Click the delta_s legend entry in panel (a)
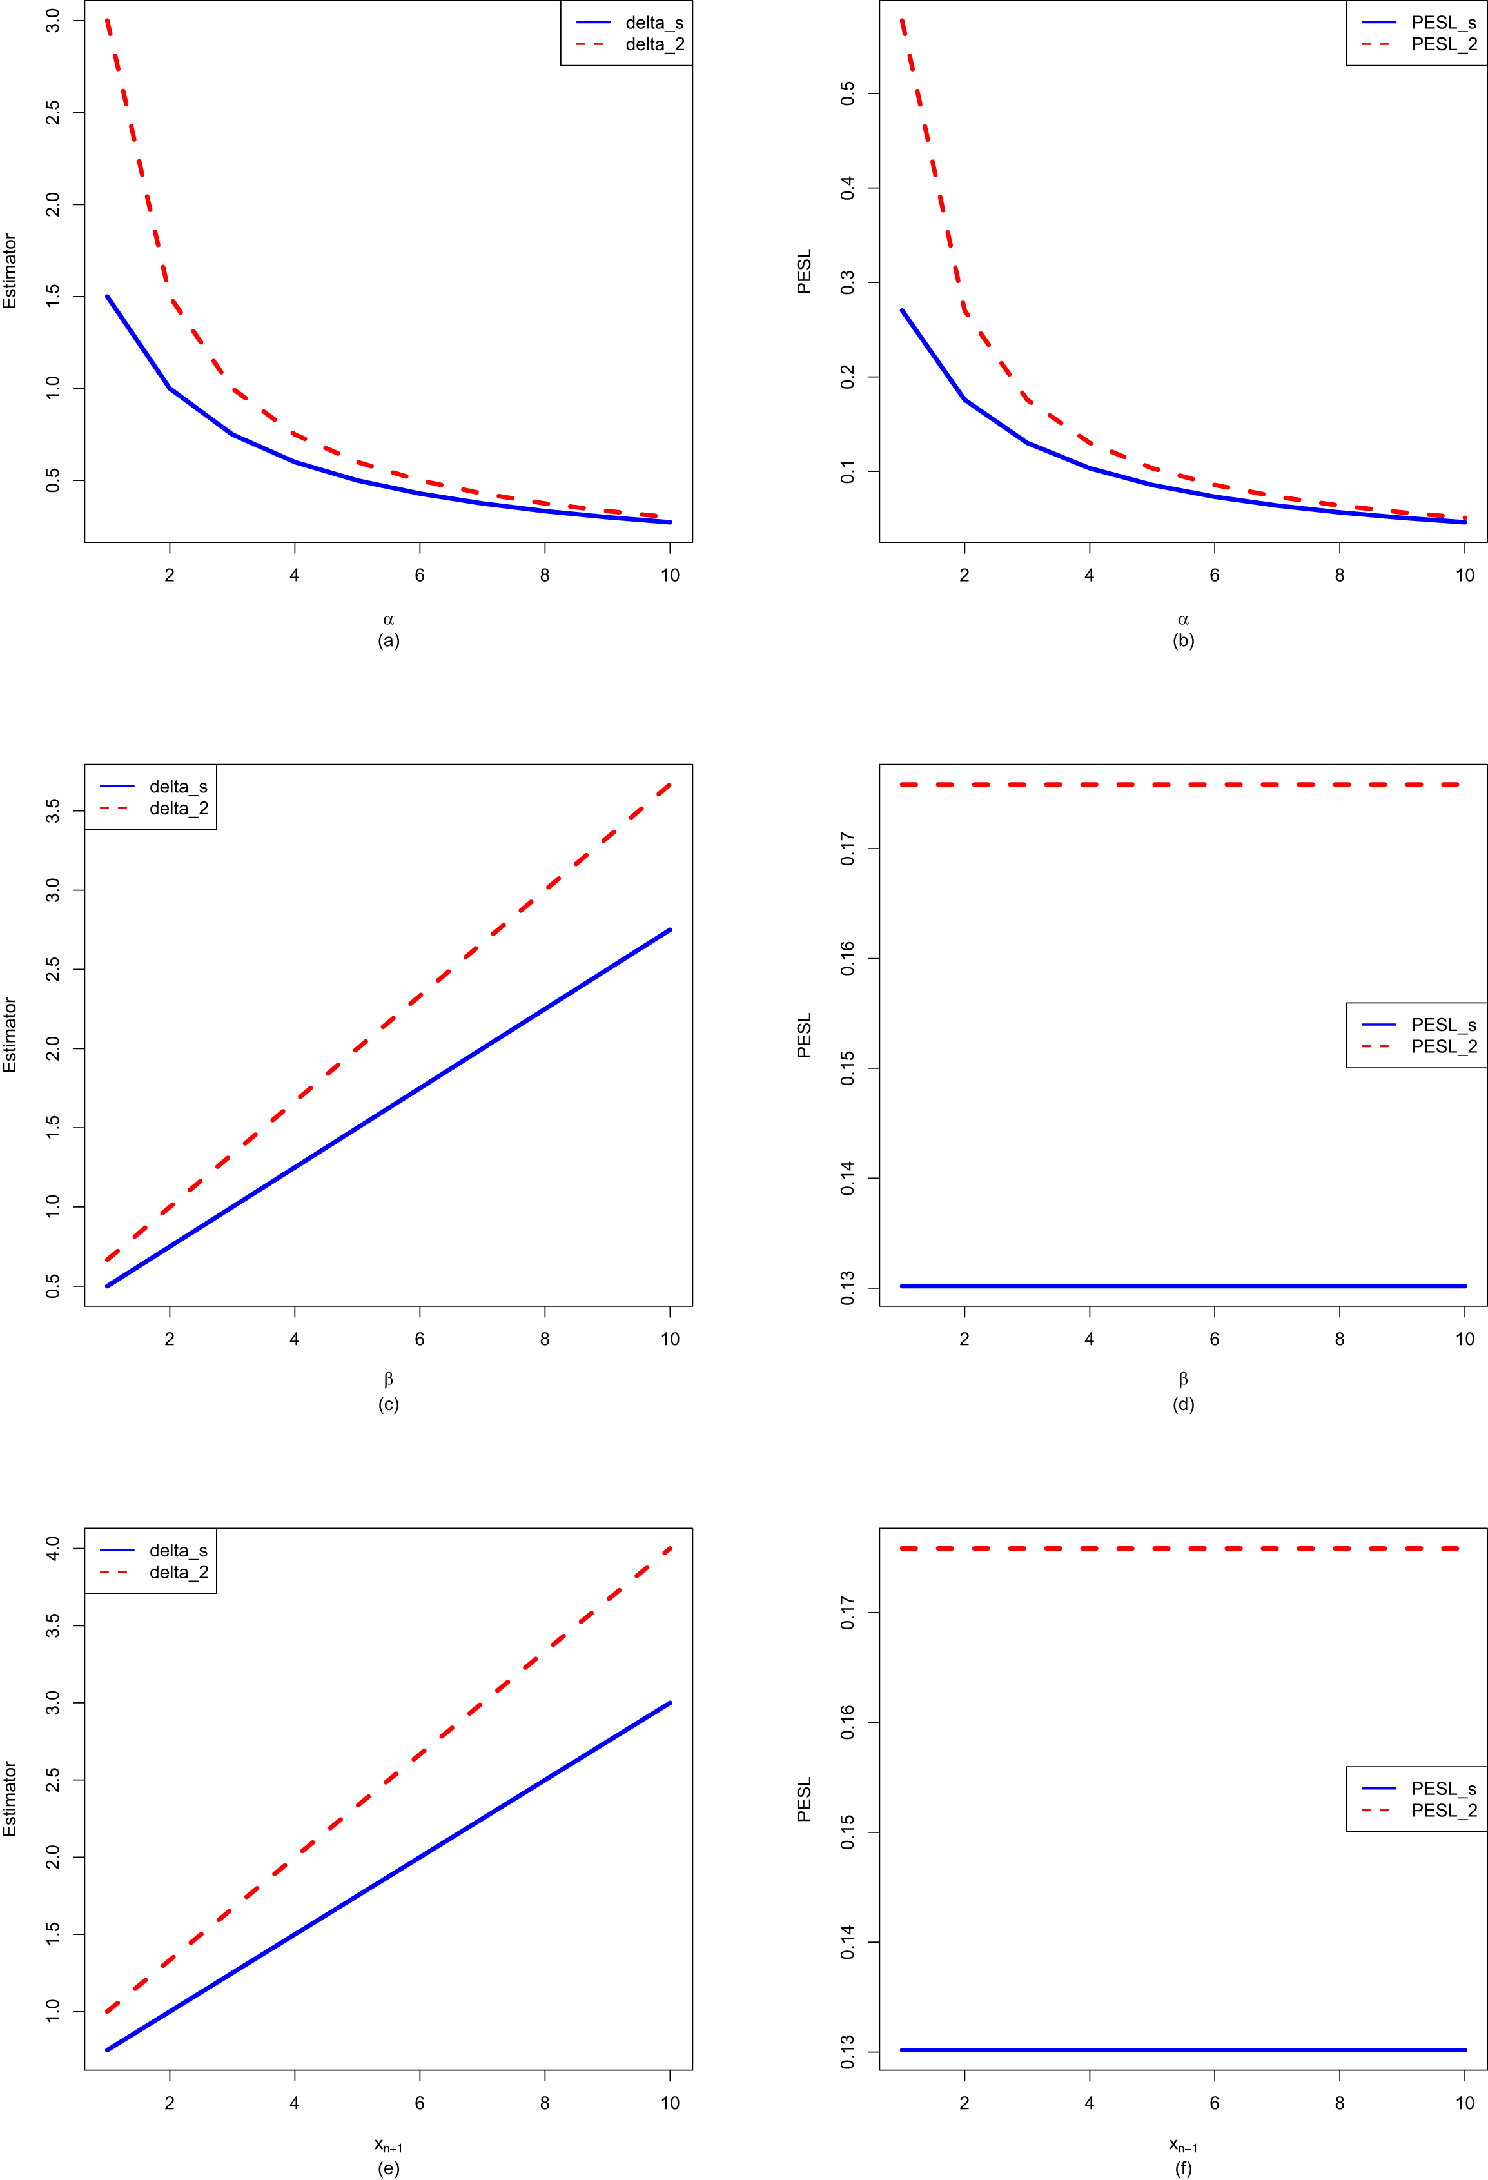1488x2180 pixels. (x=654, y=23)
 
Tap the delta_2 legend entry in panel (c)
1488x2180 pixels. (x=178, y=809)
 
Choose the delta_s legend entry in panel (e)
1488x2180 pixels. (x=178, y=1551)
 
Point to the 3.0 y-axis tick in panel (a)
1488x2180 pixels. (x=52, y=21)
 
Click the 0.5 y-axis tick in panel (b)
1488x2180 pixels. (x=847, y=93)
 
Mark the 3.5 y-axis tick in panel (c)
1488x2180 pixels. (x=52, y=810)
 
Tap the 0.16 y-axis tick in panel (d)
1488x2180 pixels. (x=847, y=959)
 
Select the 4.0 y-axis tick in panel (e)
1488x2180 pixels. (x=52, y=1549)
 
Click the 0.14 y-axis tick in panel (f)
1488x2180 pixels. (x=847, y=1941)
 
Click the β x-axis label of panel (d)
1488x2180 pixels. (x=1183, y=1379)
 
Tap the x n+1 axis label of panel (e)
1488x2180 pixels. (x=388, y=2145)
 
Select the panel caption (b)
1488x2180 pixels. (x=1183, y=641)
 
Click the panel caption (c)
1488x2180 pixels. (x=388, y=1404)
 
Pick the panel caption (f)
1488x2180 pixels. (x=1183, y=2168)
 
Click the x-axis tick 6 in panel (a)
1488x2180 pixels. (x=419, y=575)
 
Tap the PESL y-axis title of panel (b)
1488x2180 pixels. (x=804, y=271)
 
